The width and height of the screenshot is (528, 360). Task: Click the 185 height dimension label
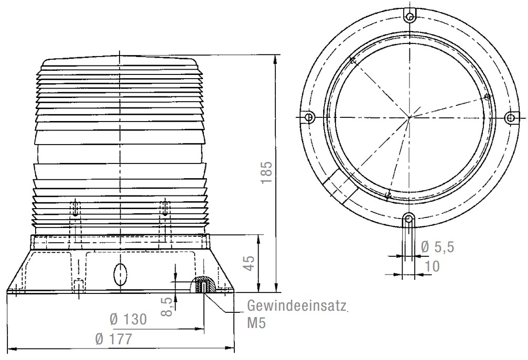[266, 172]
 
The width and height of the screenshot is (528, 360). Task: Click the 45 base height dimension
[250, 263]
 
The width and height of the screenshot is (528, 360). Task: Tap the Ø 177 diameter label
[113, 339]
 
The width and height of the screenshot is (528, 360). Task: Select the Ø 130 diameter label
[128, 319]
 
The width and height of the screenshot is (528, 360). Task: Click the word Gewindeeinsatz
[297, 306]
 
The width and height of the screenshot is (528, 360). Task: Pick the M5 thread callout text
[256, 323]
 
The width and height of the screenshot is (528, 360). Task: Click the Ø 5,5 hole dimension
[437, 247]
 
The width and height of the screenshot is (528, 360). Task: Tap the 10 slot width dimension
[433, 266]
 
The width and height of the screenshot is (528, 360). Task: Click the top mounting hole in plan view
[410, 16]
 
